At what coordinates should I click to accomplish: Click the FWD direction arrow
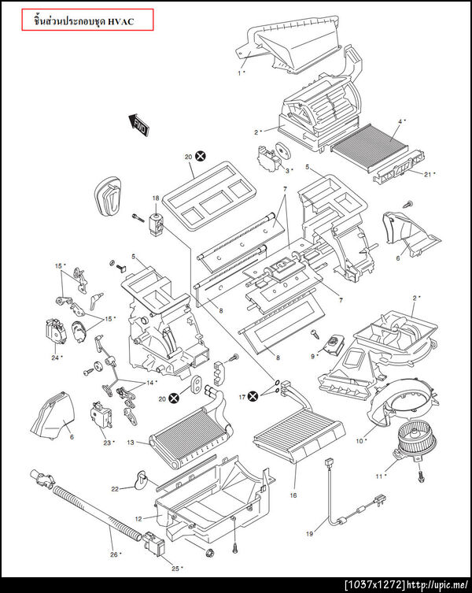138,125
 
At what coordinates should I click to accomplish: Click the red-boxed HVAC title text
84,21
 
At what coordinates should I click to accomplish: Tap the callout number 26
114,554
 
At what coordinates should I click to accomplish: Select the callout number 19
309,534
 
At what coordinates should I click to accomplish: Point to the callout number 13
131,442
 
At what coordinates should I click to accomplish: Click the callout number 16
293,495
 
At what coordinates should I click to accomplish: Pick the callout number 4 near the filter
400,122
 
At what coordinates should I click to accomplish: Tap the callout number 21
427,174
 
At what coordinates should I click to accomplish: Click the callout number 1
239,73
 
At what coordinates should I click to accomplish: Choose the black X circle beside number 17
253,397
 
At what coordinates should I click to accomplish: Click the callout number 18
156,198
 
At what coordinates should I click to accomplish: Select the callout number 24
55,358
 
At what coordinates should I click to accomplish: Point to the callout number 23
107,443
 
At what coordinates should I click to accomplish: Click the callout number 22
115,489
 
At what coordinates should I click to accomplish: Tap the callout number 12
138,519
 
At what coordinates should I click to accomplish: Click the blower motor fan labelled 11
415,441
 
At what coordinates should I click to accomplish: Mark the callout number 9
312,356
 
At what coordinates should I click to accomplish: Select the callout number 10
360,440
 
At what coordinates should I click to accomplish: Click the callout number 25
175,568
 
